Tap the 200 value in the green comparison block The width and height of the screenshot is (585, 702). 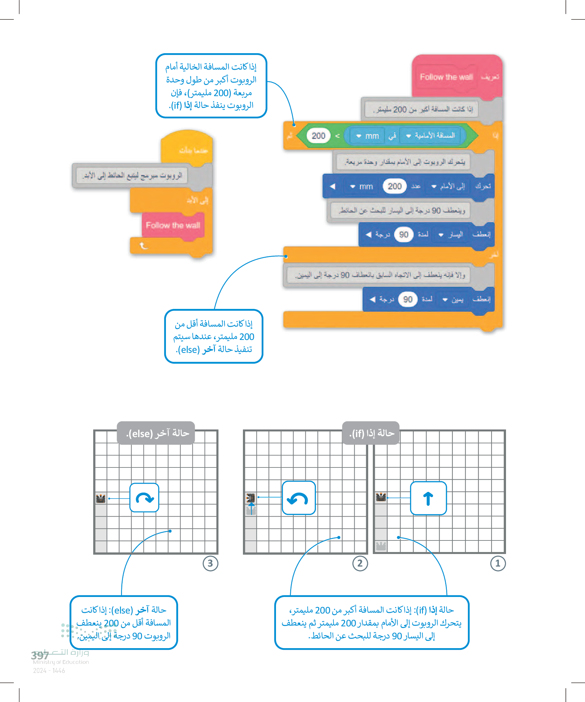[318, 136]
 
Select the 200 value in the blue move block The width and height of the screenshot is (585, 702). [394, 186]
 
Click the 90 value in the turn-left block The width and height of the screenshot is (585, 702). [403, 235]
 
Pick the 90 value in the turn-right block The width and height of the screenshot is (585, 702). [408, 300]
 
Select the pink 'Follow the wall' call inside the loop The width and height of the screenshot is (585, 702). [173, 226]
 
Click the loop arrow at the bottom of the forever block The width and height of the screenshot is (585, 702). [143, 246]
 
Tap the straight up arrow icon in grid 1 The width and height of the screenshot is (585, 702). [428, 498]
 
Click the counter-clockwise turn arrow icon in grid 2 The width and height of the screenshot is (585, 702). [298, 498]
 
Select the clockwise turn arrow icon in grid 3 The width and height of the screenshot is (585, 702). [144, 498]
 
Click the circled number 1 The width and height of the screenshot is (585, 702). [497, 563]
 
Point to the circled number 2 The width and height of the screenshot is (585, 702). [360, 563]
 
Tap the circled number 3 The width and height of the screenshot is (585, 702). [211, 563]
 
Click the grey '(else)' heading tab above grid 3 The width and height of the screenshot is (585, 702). [156, 433]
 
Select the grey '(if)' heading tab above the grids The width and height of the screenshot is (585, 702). [371, 433]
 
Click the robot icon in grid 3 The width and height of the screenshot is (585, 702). [101, 499]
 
